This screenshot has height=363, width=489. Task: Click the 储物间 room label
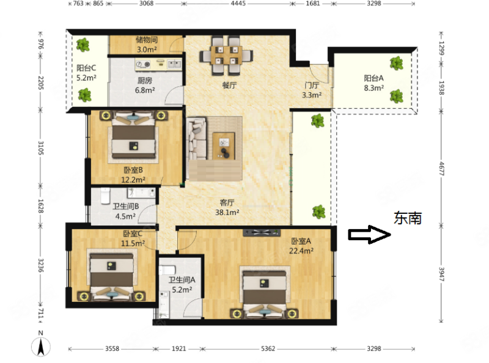[147, 41]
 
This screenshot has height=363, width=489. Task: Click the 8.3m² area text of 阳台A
[373, 87]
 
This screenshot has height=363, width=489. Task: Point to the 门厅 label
[312, 86]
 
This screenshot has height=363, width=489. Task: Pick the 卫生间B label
[127, 206]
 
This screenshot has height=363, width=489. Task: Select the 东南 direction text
[408, 218]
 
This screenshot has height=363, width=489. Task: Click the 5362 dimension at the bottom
[268, 349]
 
